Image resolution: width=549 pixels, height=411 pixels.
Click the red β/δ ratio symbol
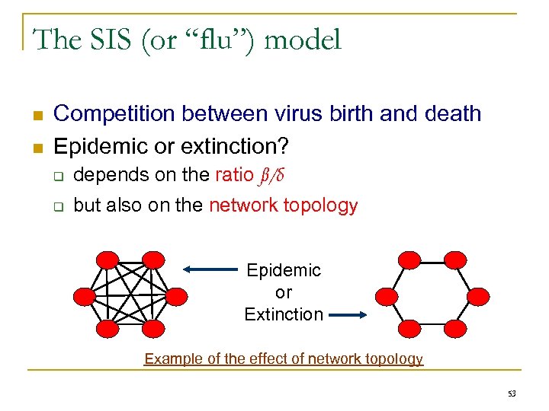(x=272, y=175)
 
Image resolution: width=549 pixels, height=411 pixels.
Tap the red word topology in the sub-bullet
(x=320, y=205)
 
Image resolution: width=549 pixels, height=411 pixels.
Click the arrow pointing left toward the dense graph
(x=210, y=269)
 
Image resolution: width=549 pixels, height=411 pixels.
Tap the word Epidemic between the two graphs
(x=284, y=270)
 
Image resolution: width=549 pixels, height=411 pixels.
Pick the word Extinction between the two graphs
(x=284, y=314)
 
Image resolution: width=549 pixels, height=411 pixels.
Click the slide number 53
(x=511, y=393)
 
